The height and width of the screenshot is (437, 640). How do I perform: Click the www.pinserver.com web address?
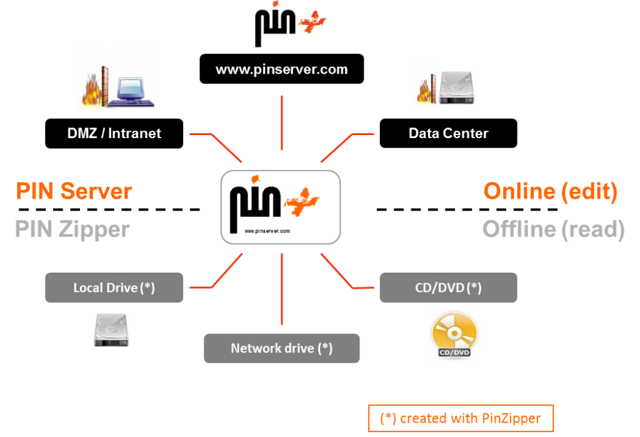[x=281, y=69]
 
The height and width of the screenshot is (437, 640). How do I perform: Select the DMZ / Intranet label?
[x=114, y=133]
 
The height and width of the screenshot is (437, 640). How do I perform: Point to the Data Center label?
[x=448, y=133]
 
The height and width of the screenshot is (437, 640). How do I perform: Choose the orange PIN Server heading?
[x=74, y=191]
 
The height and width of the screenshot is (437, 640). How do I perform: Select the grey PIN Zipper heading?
[x=72, y=229]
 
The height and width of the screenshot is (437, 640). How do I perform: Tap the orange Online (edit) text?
[x=550, y=191]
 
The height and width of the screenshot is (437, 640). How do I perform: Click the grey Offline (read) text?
[x=553, y=229]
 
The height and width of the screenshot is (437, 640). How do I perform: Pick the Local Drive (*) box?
[x=114, y=288]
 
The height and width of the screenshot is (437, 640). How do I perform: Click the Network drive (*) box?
[x=282, y=348]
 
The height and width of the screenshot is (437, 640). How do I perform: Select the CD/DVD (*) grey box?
[x=448, y=288]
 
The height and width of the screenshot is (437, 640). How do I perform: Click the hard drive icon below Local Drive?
[x=111, y=331]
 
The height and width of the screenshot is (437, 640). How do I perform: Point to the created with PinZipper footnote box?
[x=461, y=418]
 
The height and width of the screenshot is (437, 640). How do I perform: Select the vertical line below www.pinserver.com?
[x=282, y=123]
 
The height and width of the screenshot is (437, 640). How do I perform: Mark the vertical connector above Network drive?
[x=282, y=289]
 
